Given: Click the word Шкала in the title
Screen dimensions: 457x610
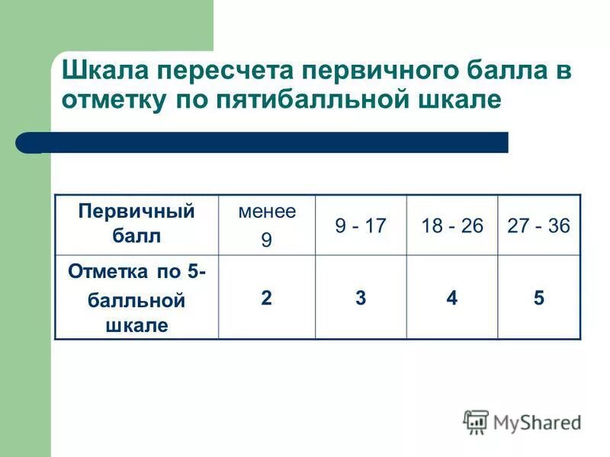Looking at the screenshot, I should pyautogui.click(x=104, y=71).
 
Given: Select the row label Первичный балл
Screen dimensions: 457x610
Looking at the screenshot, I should pyautogui.click(x=136, y=224).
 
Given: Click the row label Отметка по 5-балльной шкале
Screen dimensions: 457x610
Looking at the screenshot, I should pyautogui.click(x=136, y=298).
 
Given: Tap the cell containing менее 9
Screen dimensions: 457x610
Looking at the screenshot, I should pyautogui.click(x=267, y=225).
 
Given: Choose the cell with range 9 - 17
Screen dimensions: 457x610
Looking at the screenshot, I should pyautogui.click(x=361, y=225).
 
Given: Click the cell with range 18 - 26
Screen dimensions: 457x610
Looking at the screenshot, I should pyautogui.click(x=452, y=225).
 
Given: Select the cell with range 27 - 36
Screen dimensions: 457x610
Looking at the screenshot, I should pyautogui.click(x=539, y=225).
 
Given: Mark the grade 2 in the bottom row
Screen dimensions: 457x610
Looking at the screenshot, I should pyautogui.click(x=266, y=298).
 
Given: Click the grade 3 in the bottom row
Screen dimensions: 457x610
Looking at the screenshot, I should pyautogui.click(x=360, y=298).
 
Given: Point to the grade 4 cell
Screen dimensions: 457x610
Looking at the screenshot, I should pyautogui.click(x=452, y=298).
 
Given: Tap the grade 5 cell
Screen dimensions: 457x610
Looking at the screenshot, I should pyautogui.click(x=539, y=298).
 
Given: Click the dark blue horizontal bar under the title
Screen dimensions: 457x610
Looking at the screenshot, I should pyautogui.click(x=263, y=142).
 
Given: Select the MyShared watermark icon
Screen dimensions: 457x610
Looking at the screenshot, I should pyautogui.click(x=476, y=421).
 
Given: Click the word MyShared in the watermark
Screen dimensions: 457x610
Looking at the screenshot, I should pyautogui.click(x=537, y=422).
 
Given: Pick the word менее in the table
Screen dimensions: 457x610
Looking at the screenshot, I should pyautogui.click(x=267, y=213).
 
